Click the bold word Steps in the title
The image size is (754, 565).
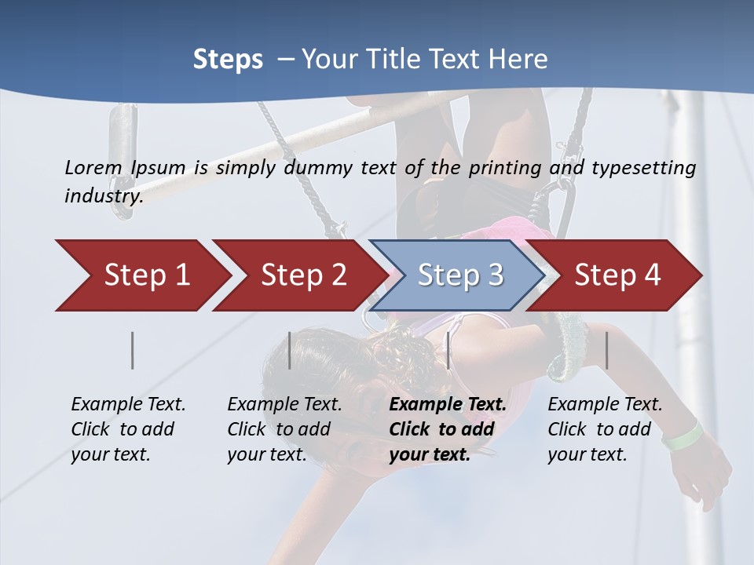click(228, 60)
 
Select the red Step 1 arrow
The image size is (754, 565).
click(141, 275)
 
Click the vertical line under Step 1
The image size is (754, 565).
click(133, 350)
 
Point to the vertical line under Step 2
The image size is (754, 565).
click(290, 350)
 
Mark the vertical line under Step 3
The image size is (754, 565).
click(448, 350)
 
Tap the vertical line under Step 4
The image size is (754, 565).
click(607, 350)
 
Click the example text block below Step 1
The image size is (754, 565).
click(127, 429)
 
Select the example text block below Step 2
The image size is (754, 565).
click(284, 429)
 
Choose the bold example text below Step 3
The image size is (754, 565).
click(447, 429)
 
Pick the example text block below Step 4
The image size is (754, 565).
click(605, 429)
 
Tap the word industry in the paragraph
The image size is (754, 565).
click(104, 196)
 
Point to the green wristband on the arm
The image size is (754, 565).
click(682, 435)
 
